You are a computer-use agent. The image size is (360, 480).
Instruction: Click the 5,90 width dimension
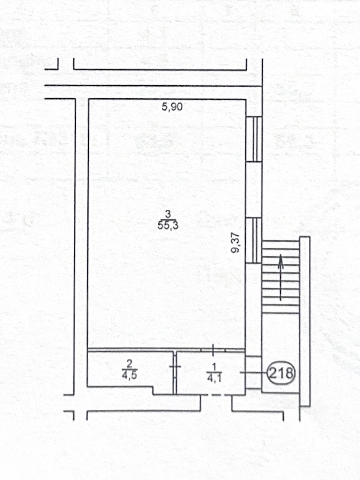pyautogui.click(x=172, y=107)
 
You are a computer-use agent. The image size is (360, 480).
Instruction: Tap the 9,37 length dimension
pyautogui.click(x=235, y=243)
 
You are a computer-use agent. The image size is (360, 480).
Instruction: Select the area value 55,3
pyautogui.click(x=168, y=225)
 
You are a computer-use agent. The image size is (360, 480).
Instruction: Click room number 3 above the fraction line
pyautogui.click(x=168, y=214)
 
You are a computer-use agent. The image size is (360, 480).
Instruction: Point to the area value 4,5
pyautogui.click(x=129, y=375)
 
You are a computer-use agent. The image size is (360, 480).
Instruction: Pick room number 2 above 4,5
pyautogui.click(x=130, y=364)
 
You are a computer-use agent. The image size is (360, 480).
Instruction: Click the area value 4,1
pyautogui.click(x=214, y=378)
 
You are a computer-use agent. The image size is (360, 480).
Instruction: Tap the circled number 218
pyautogui.click(x=281, y=373)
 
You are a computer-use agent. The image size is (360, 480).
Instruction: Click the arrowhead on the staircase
pyautogui.click(x=281, y=262)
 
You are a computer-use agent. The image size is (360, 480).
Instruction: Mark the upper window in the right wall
pyautogui.click(x=254, y=139)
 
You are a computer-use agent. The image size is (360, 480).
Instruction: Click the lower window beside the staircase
pyautogui.click(x=254, y=241)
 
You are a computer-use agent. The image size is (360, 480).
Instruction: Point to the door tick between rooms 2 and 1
pyautogui.click(x=175, y=366)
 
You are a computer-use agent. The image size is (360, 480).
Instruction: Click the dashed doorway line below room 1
pyautogui.click(x=216, y=395)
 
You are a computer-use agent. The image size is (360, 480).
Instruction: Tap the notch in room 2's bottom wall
pyautogui.click(x=153, y=391)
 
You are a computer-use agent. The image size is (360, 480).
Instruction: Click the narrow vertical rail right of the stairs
pyautogui.click(x=305, y=321)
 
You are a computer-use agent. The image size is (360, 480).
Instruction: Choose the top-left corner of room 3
pyautogui.click(x=88, y=100)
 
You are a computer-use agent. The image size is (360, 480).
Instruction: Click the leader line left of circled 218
pyautogui.click(x=253, y=372)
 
